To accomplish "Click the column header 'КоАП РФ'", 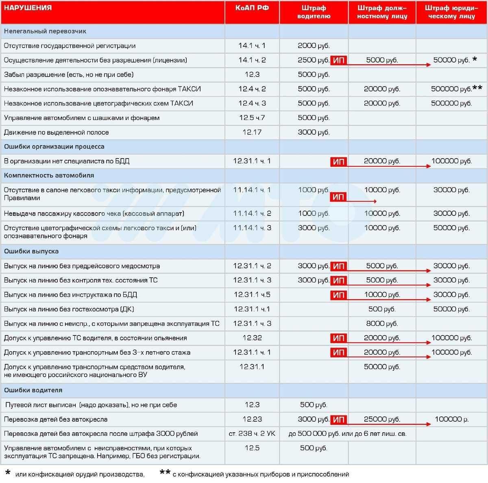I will point(252,8).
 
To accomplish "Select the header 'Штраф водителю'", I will point(314,12).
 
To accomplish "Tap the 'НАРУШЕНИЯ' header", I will point(28,8).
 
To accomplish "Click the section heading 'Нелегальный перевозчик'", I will point(45,31).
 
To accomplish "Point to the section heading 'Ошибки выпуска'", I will point(31,251).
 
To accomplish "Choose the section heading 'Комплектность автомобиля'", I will point(49,176).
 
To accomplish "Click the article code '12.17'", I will point(252,132).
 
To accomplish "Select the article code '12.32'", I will point(252,338).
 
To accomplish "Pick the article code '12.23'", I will point(252,419).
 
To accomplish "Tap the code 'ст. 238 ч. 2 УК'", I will point(252,434).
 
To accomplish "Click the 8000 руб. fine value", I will point(382,324).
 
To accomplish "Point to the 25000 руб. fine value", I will point(382,419).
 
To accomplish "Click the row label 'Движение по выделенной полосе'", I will point(57,132).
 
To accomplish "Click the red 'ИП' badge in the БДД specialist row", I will point(338,162).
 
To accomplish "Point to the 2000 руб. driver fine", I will point(314,46).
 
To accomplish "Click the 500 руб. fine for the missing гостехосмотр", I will point(382,309).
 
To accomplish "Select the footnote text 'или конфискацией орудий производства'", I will point(80,474).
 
